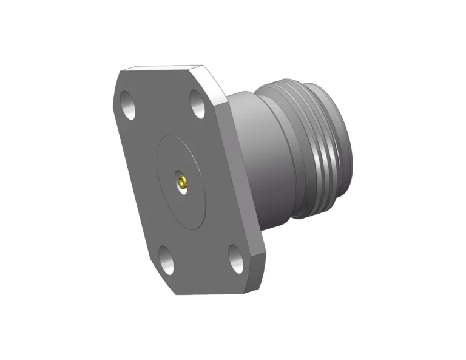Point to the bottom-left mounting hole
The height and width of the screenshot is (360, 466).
click(x=167, y=254)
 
